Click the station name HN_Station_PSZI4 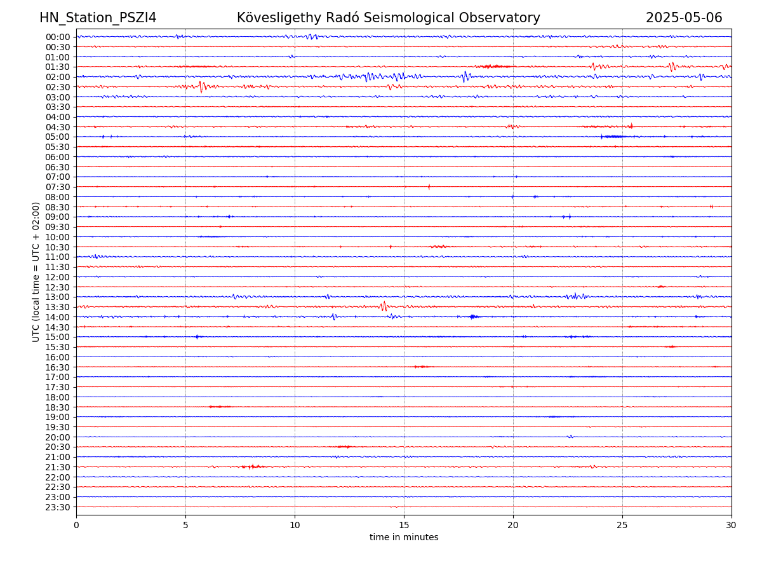coord(98,18)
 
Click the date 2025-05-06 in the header coord(684,18)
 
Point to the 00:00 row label coord(58,37)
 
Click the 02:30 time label coord(58,87)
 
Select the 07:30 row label coord(58,187)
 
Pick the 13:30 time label coord(58,307)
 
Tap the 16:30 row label coord(58,367)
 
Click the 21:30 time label coord(58,467)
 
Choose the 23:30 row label coord(58,507)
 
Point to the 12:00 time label coord(58,277)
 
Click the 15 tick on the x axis coord(404,525)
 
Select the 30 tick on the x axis coord(732,525)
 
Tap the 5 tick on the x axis coord(185,525)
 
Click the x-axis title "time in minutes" coord(404,538)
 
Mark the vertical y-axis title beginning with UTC coord(36,272)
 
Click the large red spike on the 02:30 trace coord(201,86)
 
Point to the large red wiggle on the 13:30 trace coord(384,306)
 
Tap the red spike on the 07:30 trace coord(429,186)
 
